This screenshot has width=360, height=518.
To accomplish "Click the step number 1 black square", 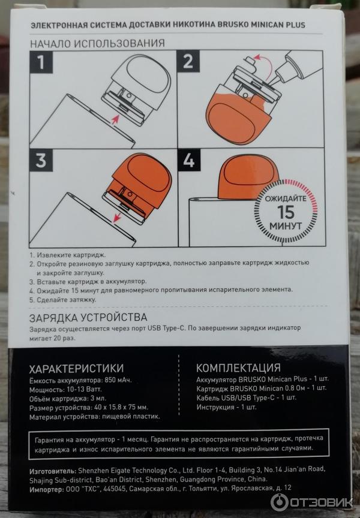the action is [41, 62].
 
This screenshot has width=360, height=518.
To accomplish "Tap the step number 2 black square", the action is [188, 61].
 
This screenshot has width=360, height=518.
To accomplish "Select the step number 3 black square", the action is [41, 160].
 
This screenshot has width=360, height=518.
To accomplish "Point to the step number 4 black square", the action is [189, 160].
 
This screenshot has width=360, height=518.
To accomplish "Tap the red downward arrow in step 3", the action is [116, 217].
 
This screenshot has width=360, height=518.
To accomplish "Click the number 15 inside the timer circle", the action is [285, 212].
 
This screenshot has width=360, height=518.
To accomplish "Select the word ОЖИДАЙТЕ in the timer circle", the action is [286, 198].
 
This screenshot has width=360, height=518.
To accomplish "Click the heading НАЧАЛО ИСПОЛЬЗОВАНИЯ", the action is [98, 43].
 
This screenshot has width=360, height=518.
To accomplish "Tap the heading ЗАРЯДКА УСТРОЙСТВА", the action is [88, 318].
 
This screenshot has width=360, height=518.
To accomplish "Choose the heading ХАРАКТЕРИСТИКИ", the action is [76, 368].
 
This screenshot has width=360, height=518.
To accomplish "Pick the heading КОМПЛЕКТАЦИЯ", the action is [238, 368].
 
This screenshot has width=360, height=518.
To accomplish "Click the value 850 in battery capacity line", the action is [110, 380].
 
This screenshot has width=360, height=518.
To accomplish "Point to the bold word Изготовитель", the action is [53, 471].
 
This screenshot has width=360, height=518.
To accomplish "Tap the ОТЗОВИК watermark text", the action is [321, 502].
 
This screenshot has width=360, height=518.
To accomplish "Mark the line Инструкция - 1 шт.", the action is [226, 407].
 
